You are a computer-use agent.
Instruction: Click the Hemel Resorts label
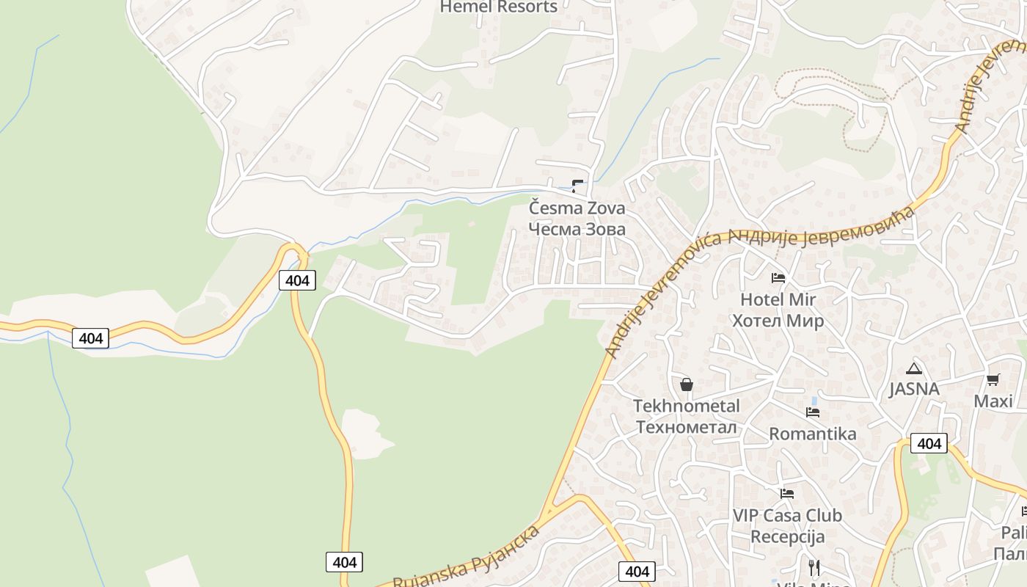[x=498, y=7]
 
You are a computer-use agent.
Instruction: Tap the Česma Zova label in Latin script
[x=577, y=208]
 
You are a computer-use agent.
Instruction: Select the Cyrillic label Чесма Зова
[x=577, y=229]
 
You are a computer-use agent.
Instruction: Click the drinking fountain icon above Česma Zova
[x=577, y=186]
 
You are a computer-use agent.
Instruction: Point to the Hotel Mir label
[x=778, y=299]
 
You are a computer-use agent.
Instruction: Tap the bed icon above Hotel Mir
[x=778, y=278]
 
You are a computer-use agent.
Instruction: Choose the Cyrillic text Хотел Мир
[x=778, y=321]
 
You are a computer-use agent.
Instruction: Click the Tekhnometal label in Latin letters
[x=687, y=406]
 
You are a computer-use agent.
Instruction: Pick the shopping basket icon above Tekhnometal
[x=687, y=384]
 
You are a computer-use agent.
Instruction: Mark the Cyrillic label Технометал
[x=687, y=427]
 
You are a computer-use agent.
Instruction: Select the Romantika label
[x=812, y=434]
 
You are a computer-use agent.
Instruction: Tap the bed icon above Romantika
[x=813, y=412]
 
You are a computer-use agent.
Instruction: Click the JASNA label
[x=914, y=389]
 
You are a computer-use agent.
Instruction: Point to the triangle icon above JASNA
[x=913, y=368]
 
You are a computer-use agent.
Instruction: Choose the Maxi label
[x=993, y=401]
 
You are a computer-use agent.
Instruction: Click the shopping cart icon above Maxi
[x=993, y=379]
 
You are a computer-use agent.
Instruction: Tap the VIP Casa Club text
[x=787, y=515]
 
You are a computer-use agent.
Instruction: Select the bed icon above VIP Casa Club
[x=787, y=494]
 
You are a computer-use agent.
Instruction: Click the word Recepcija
[x=787, y=536]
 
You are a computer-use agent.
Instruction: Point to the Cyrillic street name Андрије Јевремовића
[x=822, y=229]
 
